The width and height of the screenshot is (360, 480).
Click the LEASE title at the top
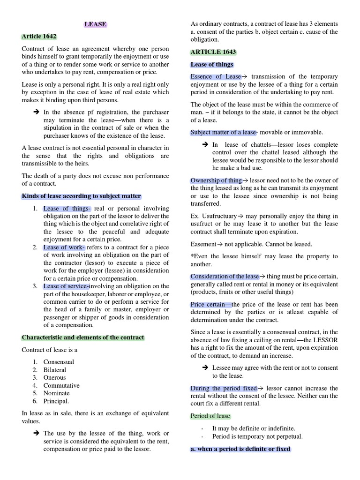tap(95, 24)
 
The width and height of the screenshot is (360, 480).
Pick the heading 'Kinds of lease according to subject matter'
tap(82, 196)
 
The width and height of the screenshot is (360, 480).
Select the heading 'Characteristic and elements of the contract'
tap(83, 337)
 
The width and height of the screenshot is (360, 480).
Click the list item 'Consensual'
tap(59, 362)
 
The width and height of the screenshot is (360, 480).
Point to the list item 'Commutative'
tap(61, 385)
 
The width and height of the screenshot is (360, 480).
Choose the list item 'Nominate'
tap(56, 393)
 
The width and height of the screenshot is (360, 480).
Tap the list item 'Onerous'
tap(54, 377)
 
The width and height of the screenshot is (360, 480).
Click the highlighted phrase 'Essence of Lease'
tap(216, 76)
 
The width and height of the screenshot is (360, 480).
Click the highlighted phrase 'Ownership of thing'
tap(216, 180)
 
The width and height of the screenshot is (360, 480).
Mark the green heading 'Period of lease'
tap(210, 416)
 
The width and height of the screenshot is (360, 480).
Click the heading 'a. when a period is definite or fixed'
tap(240, 449)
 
